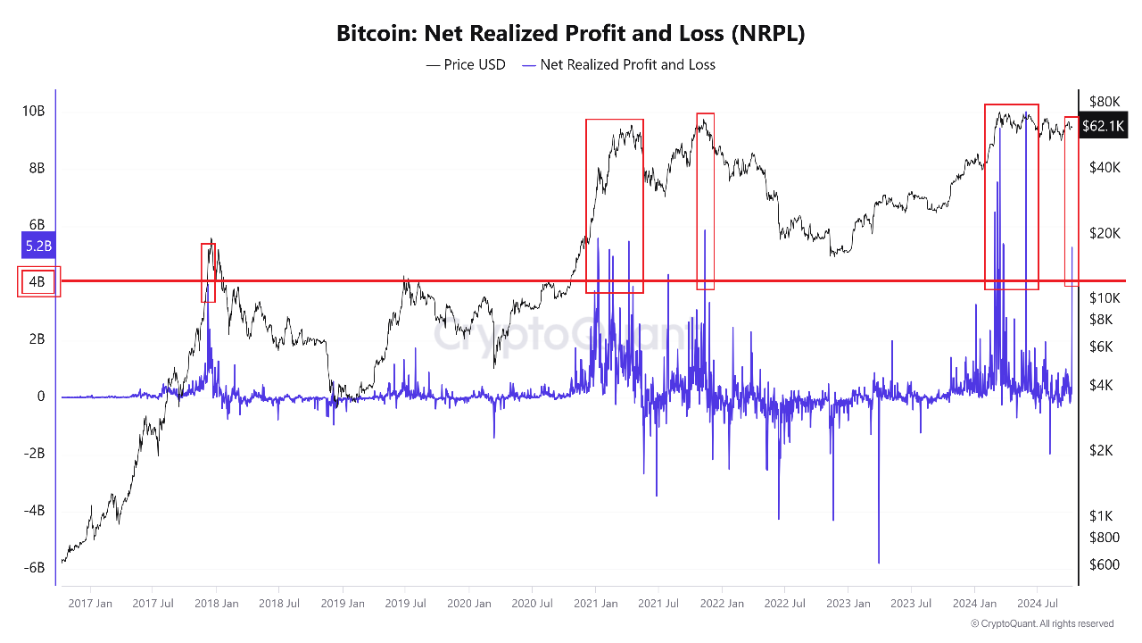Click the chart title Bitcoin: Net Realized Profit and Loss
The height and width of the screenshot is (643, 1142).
pos(571,34)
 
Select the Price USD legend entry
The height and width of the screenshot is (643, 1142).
pos(466,64)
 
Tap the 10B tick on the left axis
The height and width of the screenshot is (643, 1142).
pos(34,111)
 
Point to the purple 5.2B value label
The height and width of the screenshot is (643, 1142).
pos(37,245)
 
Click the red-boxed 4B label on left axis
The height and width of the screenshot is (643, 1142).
pos(37,282)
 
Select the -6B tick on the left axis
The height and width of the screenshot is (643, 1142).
pos(34,568)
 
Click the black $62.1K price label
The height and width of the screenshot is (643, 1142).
pos(1103,126)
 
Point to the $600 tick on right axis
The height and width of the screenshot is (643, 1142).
pos(1104,564)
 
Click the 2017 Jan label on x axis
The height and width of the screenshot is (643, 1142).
pos(90,604)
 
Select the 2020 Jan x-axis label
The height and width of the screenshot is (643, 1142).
pos(469,604)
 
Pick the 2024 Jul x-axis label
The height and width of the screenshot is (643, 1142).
pos(1039,604)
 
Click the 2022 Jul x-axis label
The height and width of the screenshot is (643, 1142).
pos(785,604)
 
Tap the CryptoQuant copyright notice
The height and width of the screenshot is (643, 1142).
pos(1042,623)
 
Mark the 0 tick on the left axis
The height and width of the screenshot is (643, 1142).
pos(41,397)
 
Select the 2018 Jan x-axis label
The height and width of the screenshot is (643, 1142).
pos(217,604)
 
